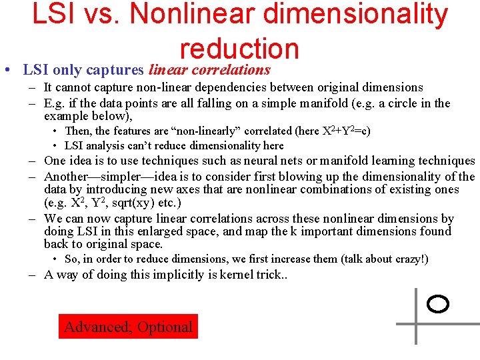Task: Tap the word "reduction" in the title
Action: tap(239, 48)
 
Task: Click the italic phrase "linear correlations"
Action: tap(209, 69)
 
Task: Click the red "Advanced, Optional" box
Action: tap(128, 327)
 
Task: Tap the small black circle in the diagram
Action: tap(437, 305)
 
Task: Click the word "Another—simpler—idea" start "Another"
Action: tap(67, 177)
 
